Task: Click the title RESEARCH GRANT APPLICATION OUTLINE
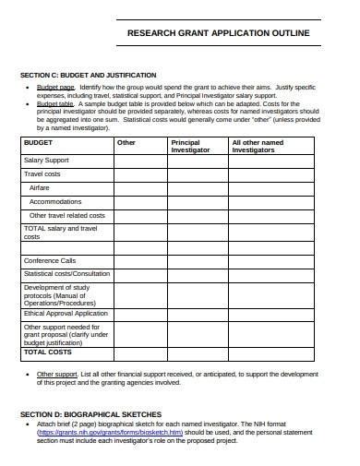[x=217, y=32]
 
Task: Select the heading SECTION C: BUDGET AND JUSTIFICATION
[x=88, y=75]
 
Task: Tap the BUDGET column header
[x=38, y=143]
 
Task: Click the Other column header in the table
[x=126, y=143]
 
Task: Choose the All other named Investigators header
[x=258, y=147]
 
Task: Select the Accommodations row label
[x=55, y=201]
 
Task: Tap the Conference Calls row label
[x=50, y=260]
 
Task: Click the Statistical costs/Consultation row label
[x=66, y=274]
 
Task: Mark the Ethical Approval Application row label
[x=66, y=314]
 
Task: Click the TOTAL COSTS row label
[x=47, y=352]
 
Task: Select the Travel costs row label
[x=42, y=173]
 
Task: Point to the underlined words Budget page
[x=55, y=85]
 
